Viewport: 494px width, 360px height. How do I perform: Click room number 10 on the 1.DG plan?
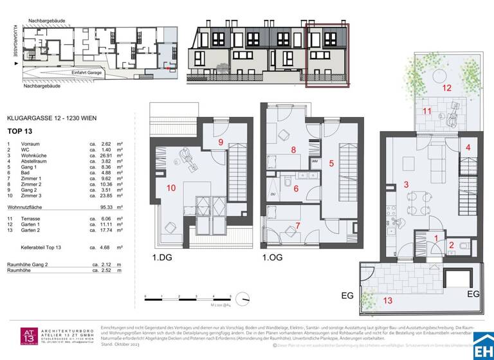pos(171,188)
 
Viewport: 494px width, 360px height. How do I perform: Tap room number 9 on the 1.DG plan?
pos(220,142)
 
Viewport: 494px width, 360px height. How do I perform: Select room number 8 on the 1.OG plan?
pos(293,150)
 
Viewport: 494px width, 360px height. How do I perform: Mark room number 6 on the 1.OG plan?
pos(296,188)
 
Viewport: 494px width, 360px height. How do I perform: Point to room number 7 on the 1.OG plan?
pos(298,225)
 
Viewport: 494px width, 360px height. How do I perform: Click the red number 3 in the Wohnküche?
pos(406,185)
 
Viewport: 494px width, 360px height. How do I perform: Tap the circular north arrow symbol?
pos(243,298)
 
